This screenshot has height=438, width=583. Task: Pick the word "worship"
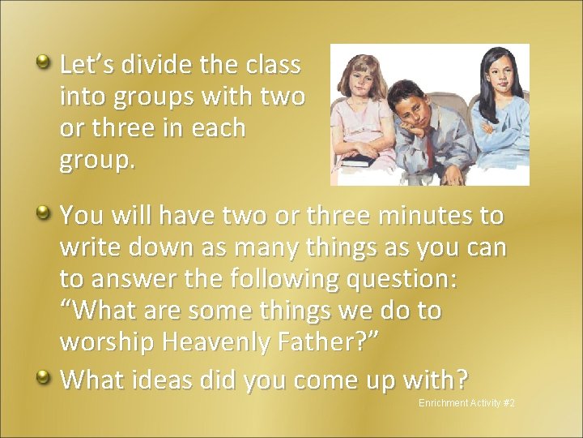point(108,342)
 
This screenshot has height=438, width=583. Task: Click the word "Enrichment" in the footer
point(441,403)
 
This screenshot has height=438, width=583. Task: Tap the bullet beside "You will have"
point(46,213)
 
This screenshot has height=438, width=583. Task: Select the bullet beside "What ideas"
point(46,375)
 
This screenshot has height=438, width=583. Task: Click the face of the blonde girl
point(360,84)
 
